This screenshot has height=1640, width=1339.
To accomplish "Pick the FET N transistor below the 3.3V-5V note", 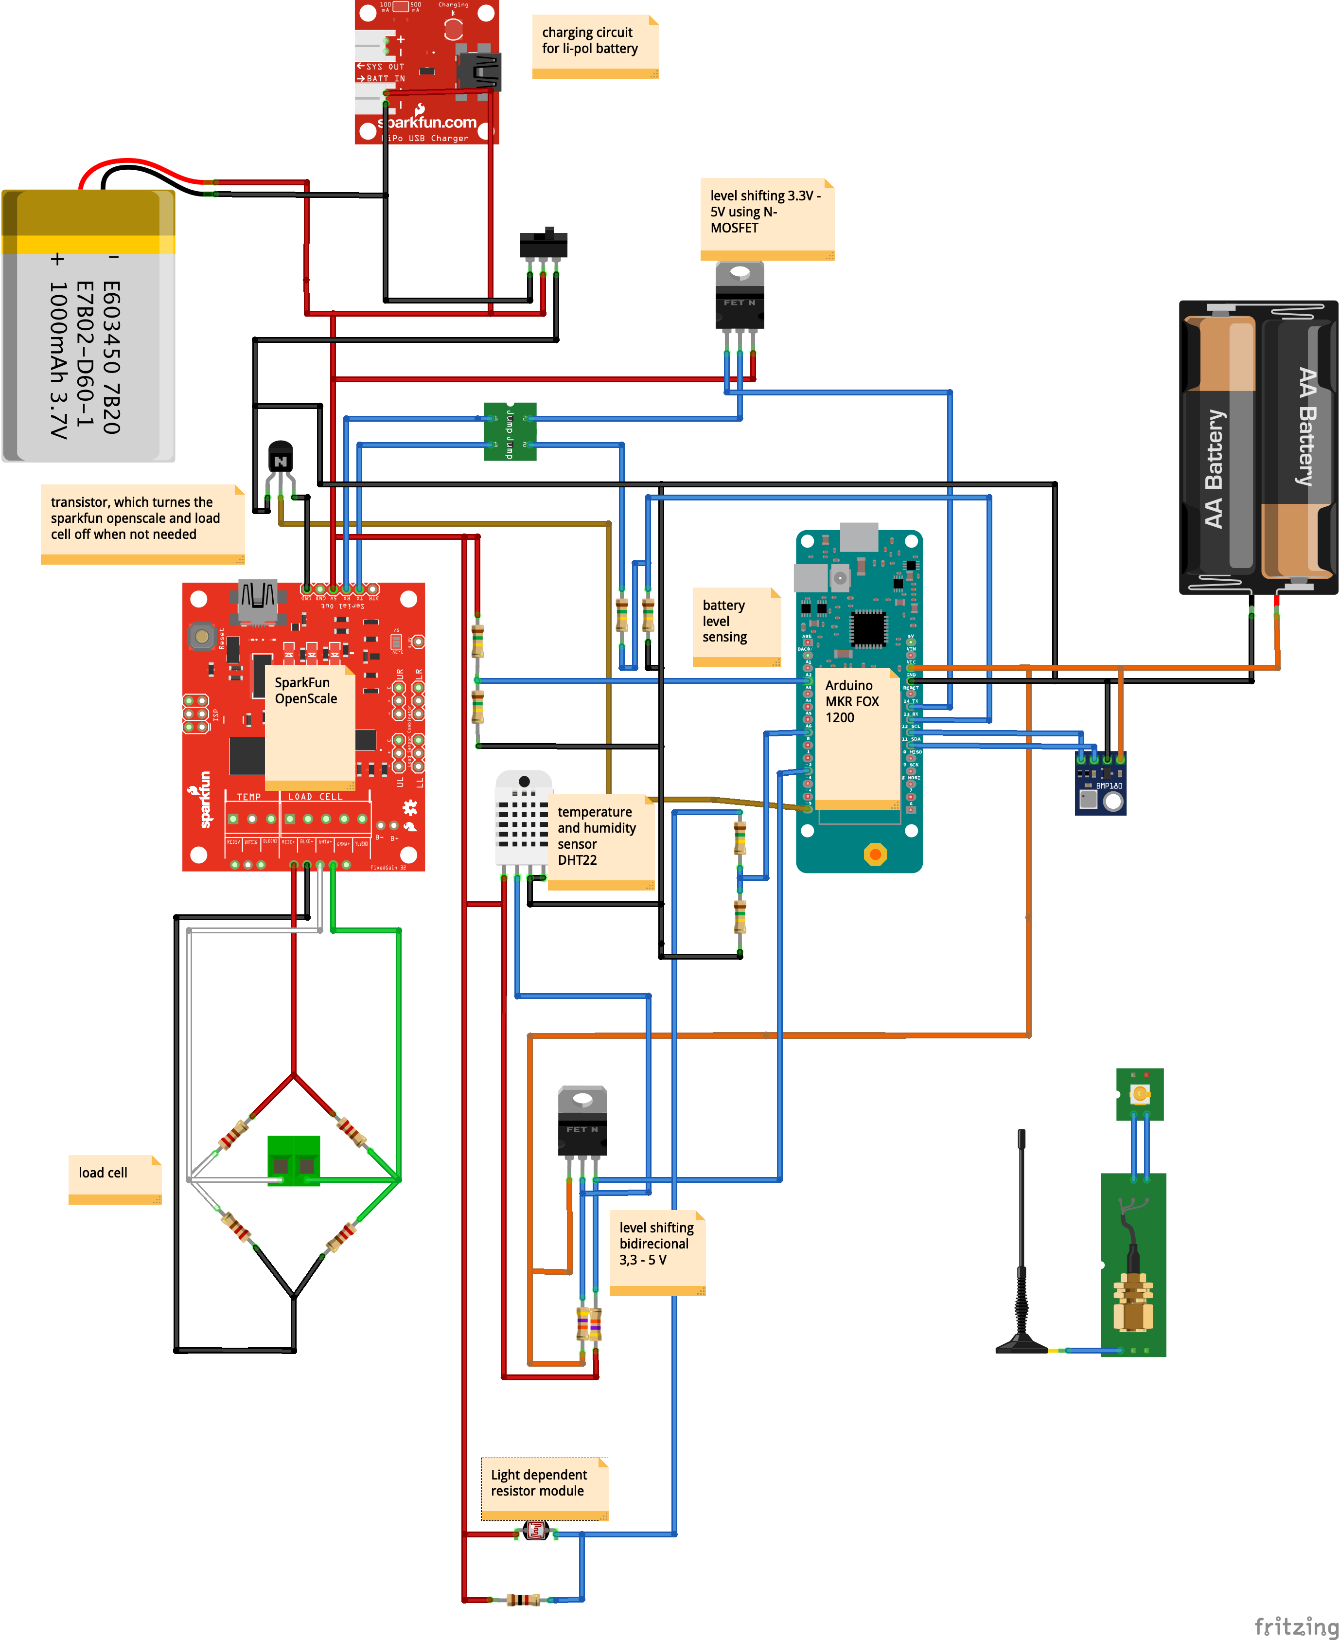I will pos(740,295).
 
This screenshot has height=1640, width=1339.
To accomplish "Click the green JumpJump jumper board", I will pos(510,431).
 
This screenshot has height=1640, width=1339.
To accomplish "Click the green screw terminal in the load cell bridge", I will pos(293,1159).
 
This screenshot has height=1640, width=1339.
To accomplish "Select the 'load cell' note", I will pos(114,1178).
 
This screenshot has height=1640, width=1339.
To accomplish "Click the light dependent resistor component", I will pos(535,1531).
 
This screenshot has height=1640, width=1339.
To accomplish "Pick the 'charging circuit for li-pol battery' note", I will pos(595,46).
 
